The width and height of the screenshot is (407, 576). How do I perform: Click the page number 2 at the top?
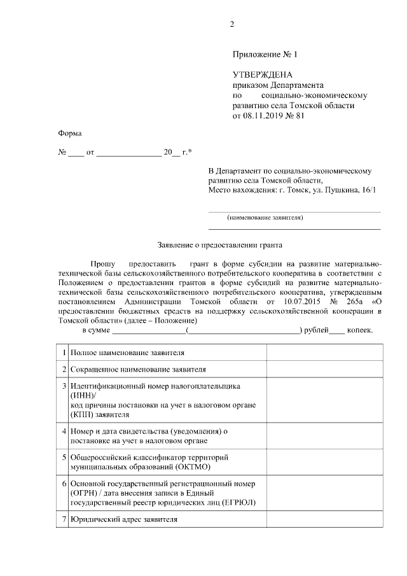(x=232, y=25)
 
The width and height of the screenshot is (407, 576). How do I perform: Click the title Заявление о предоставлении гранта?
(x=219, y=244)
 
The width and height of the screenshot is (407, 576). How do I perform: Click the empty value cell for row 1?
(x=324, y=351)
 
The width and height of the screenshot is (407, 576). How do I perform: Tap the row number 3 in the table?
(x=64, y=386)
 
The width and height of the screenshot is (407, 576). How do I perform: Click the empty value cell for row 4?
(x=324, y=435)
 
